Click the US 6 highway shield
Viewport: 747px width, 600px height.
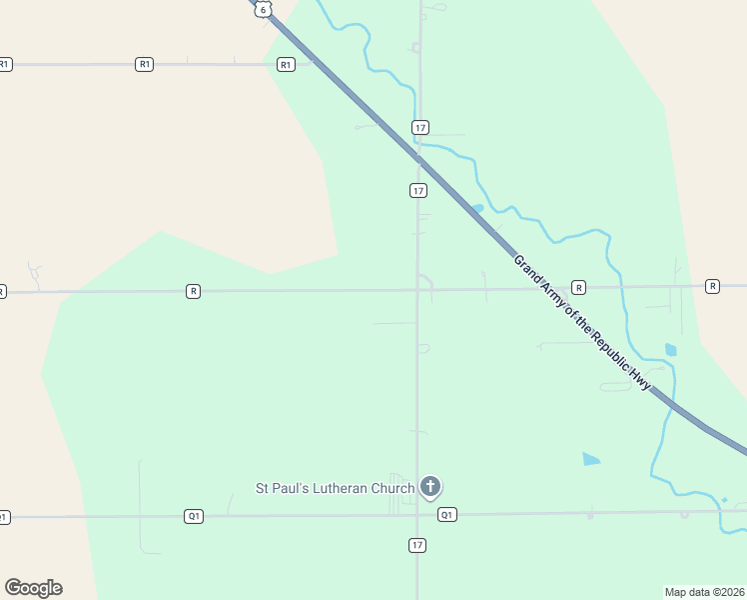coord(262,8)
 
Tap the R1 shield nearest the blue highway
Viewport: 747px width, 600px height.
coord(287,65)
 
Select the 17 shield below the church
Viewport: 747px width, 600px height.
coord(417,545)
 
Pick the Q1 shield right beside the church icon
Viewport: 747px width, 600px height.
coord(447,515)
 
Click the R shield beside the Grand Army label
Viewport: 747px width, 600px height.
coord(579,288)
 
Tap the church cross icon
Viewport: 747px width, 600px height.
coord(430,487)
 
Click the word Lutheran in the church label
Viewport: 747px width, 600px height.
coord(336,489)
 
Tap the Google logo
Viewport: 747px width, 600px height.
coord(33,588)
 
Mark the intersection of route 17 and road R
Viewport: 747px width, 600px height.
coord(417,290)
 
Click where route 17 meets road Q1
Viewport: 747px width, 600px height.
coord(417,515)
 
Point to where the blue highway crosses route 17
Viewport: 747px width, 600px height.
coord(418,158)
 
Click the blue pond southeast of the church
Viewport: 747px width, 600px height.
coord(591,459)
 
